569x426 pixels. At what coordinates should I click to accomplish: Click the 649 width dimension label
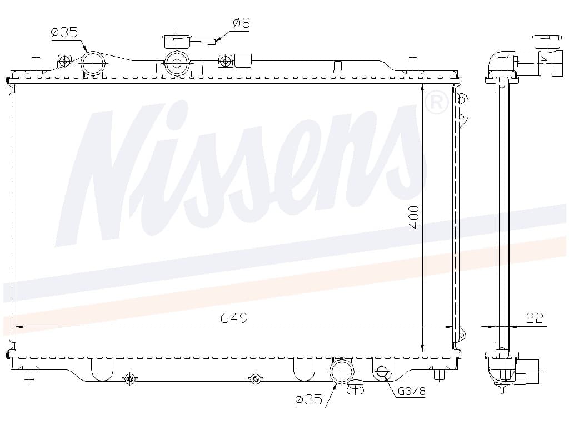(234, 318)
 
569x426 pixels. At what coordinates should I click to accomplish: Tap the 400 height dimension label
(413, 217)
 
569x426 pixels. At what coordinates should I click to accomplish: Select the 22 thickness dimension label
(535, 318)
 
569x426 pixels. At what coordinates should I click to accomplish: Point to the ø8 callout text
(241, 23)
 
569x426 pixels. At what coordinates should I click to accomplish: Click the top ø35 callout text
(64, 32)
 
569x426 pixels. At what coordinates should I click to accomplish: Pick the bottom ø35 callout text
(308, 399)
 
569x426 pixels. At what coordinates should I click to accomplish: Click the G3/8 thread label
(412, 391)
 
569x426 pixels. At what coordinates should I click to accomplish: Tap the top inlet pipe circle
(93, 64)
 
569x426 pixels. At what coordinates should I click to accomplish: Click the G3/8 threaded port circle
(382, 371)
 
